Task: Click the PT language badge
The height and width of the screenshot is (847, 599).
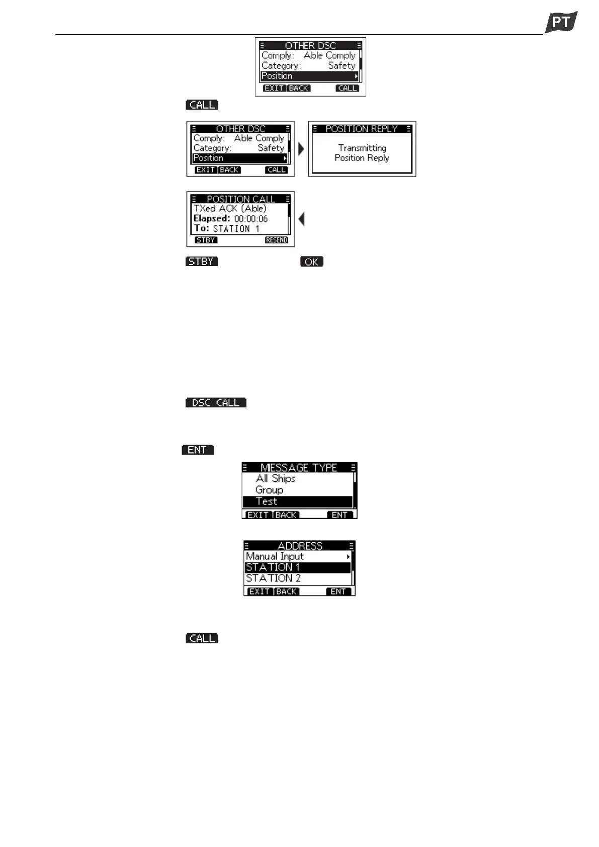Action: (x=561, y=22)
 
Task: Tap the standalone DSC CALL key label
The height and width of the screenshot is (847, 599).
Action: (x=216, y=402)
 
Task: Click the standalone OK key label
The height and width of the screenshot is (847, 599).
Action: (x=311, y=262)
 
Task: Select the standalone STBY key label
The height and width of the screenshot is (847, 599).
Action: (x=202, y=262)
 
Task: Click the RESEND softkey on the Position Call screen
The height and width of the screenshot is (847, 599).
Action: (x=276, y=240)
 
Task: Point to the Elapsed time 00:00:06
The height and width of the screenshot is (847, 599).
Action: (x=250, y=219)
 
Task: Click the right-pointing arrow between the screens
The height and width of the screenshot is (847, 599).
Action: (x=301, y=149)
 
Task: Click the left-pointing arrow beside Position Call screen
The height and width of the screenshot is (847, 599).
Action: (x=301, y=219)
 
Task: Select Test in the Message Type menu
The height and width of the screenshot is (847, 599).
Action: (x=266, y=501)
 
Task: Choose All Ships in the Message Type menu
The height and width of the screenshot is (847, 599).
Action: (x=275, y=478)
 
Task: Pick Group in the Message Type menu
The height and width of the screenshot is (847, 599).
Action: (x=269, y=490)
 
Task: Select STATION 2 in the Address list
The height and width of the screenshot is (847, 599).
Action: (x=273, y=578)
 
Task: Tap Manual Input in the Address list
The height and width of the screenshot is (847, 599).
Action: (x=275, y=556)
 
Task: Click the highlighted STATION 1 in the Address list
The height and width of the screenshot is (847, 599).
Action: (x=273, y=567)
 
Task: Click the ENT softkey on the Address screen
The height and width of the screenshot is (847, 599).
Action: (x=338, y=591)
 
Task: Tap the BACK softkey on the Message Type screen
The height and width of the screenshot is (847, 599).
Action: (x=286, y=515)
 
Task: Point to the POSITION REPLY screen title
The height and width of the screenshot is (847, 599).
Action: (x=362, y=129)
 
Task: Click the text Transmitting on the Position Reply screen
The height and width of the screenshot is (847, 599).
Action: (x=362, y=148)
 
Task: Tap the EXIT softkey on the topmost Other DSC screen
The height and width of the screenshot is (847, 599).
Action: (x=274, y=88)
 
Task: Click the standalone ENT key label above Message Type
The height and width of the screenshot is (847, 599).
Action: (x=197, y=450)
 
